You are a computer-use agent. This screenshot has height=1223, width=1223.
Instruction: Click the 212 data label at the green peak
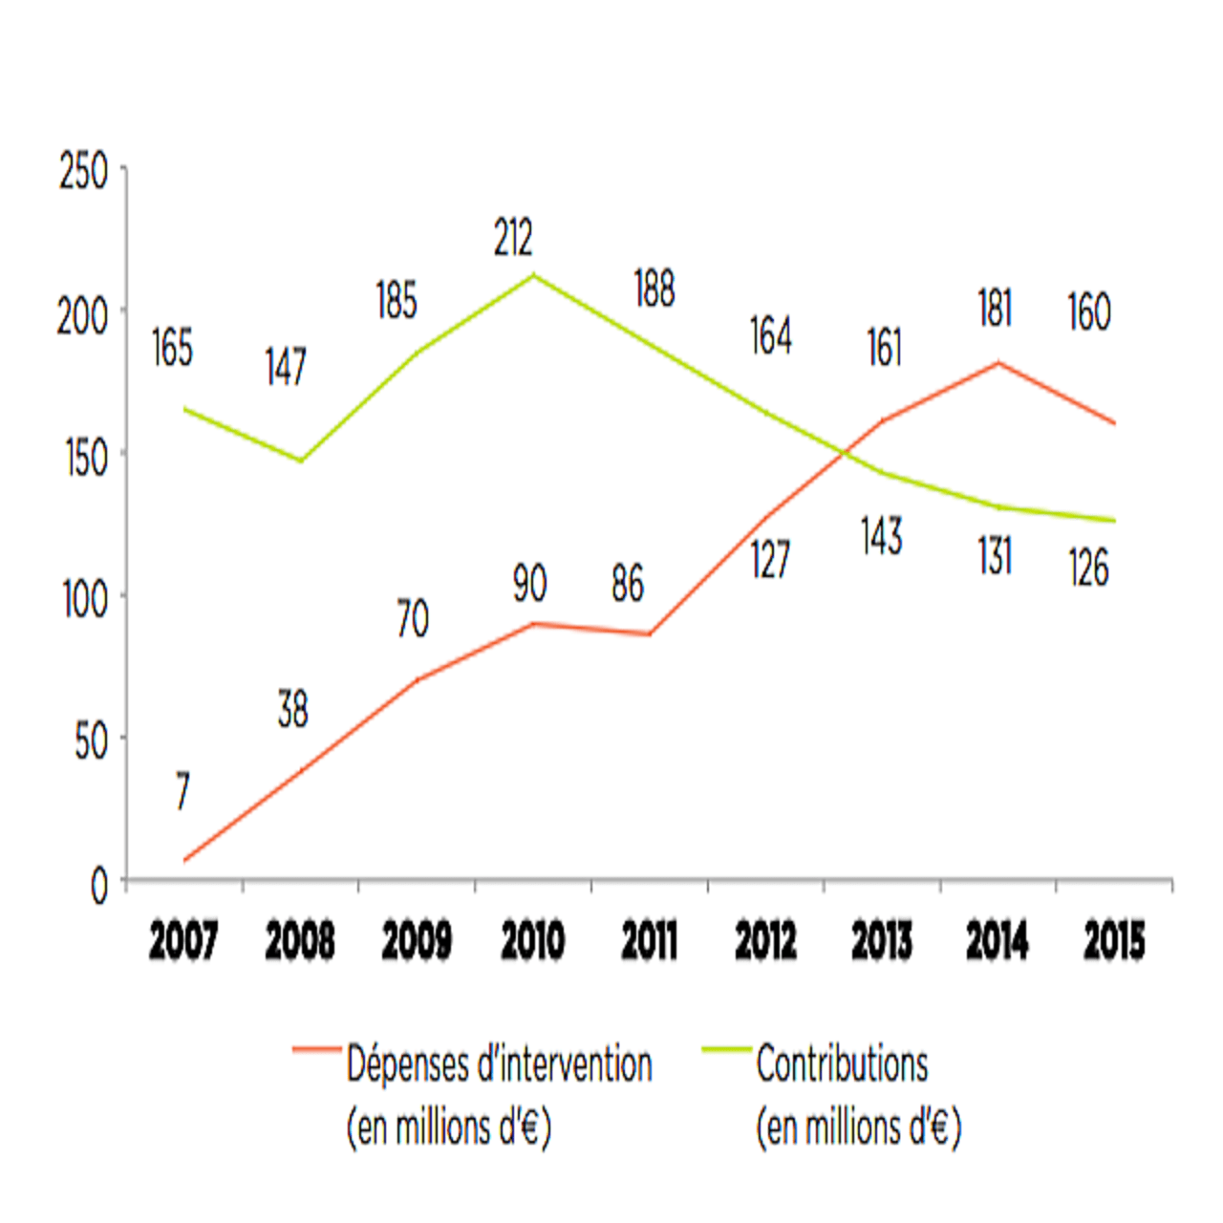513,238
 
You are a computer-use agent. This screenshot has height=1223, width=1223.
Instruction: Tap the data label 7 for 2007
182,791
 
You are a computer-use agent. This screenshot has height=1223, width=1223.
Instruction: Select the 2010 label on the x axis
533,941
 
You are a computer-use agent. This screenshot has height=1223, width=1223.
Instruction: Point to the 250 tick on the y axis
84,172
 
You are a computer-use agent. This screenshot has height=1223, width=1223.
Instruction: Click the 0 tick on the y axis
99,887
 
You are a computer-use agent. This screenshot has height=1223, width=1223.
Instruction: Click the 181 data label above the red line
995,310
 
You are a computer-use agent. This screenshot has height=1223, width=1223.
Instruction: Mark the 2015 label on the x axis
1114,941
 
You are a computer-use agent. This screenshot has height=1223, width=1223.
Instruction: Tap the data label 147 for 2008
286,367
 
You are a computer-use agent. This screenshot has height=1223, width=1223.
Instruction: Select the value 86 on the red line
628,584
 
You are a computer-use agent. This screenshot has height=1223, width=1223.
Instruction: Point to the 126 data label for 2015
1088,569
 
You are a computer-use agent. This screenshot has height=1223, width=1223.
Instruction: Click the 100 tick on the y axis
86,599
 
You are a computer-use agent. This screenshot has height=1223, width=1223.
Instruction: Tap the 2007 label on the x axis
183,941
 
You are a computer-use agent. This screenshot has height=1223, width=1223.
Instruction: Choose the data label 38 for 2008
293,710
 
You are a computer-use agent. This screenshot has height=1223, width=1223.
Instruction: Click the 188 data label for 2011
654,290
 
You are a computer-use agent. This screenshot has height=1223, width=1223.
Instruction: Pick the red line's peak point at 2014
998,363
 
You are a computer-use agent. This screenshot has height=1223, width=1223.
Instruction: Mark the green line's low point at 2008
301,461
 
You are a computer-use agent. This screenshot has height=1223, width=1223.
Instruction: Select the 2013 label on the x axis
882,941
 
